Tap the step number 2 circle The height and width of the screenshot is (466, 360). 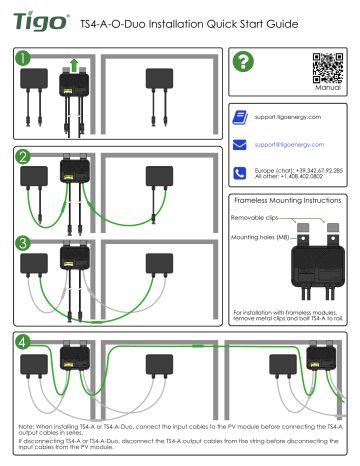(x=23, y=158)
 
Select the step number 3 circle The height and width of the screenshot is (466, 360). (x=23, y=243)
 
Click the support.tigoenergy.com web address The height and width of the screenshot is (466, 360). (x=291, y=118)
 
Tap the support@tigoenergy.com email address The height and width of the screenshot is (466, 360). (x=293, y=145)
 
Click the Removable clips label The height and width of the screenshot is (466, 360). (x=258, y=215)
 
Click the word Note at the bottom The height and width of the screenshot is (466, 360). (x=29, y=425)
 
